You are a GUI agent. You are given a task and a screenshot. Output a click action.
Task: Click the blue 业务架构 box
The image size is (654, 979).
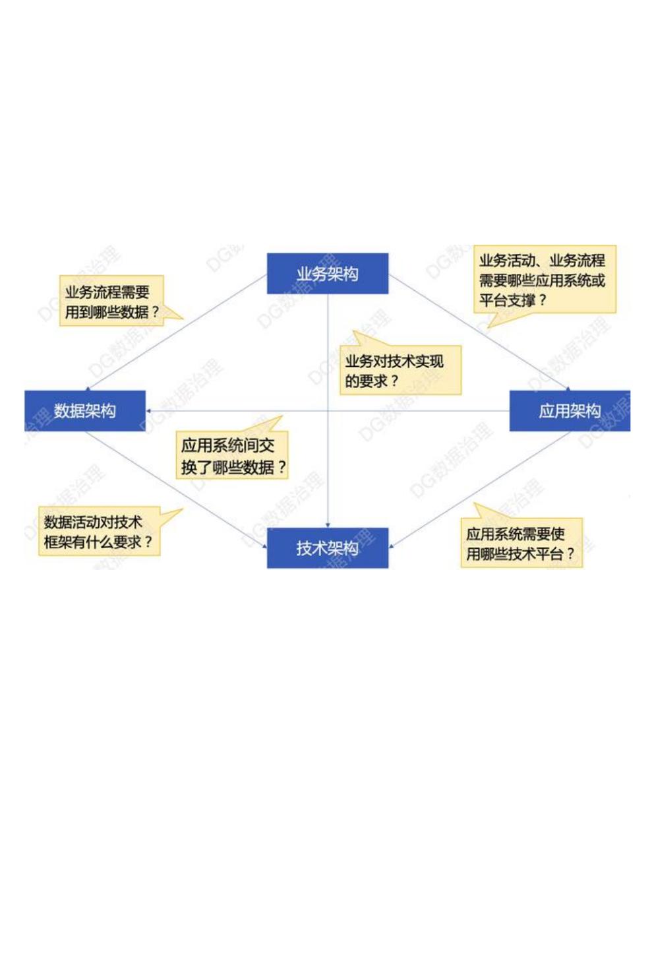point(327,274)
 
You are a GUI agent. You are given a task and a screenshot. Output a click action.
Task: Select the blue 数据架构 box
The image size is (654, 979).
point(84,411)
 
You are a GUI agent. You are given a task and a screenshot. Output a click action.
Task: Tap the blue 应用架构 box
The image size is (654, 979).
point(569,411)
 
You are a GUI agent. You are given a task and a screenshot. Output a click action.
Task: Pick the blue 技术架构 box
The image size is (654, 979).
point(327,548)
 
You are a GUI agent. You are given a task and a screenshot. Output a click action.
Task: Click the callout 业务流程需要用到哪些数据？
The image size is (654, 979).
point(111,301)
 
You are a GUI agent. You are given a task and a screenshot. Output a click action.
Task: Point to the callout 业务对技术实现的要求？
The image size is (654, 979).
point(400,371)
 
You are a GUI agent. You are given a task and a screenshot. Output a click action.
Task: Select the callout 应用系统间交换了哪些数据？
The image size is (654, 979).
point(232,456)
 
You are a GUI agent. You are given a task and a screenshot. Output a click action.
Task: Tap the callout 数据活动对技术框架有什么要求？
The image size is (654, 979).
point(99,532)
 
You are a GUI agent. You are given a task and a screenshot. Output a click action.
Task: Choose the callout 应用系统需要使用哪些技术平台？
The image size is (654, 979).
point(521,544)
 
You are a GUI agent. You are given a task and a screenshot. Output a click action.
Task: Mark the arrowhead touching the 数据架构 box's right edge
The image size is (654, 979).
point(149,411)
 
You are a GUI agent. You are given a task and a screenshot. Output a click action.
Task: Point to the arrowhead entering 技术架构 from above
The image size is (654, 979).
point(328,524)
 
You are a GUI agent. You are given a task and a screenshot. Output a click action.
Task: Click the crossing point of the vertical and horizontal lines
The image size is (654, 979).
point(328,411)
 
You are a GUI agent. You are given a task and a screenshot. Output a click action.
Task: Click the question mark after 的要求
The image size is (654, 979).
point(394,381)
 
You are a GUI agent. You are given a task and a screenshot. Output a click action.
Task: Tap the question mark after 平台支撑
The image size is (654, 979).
point(543,301)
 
